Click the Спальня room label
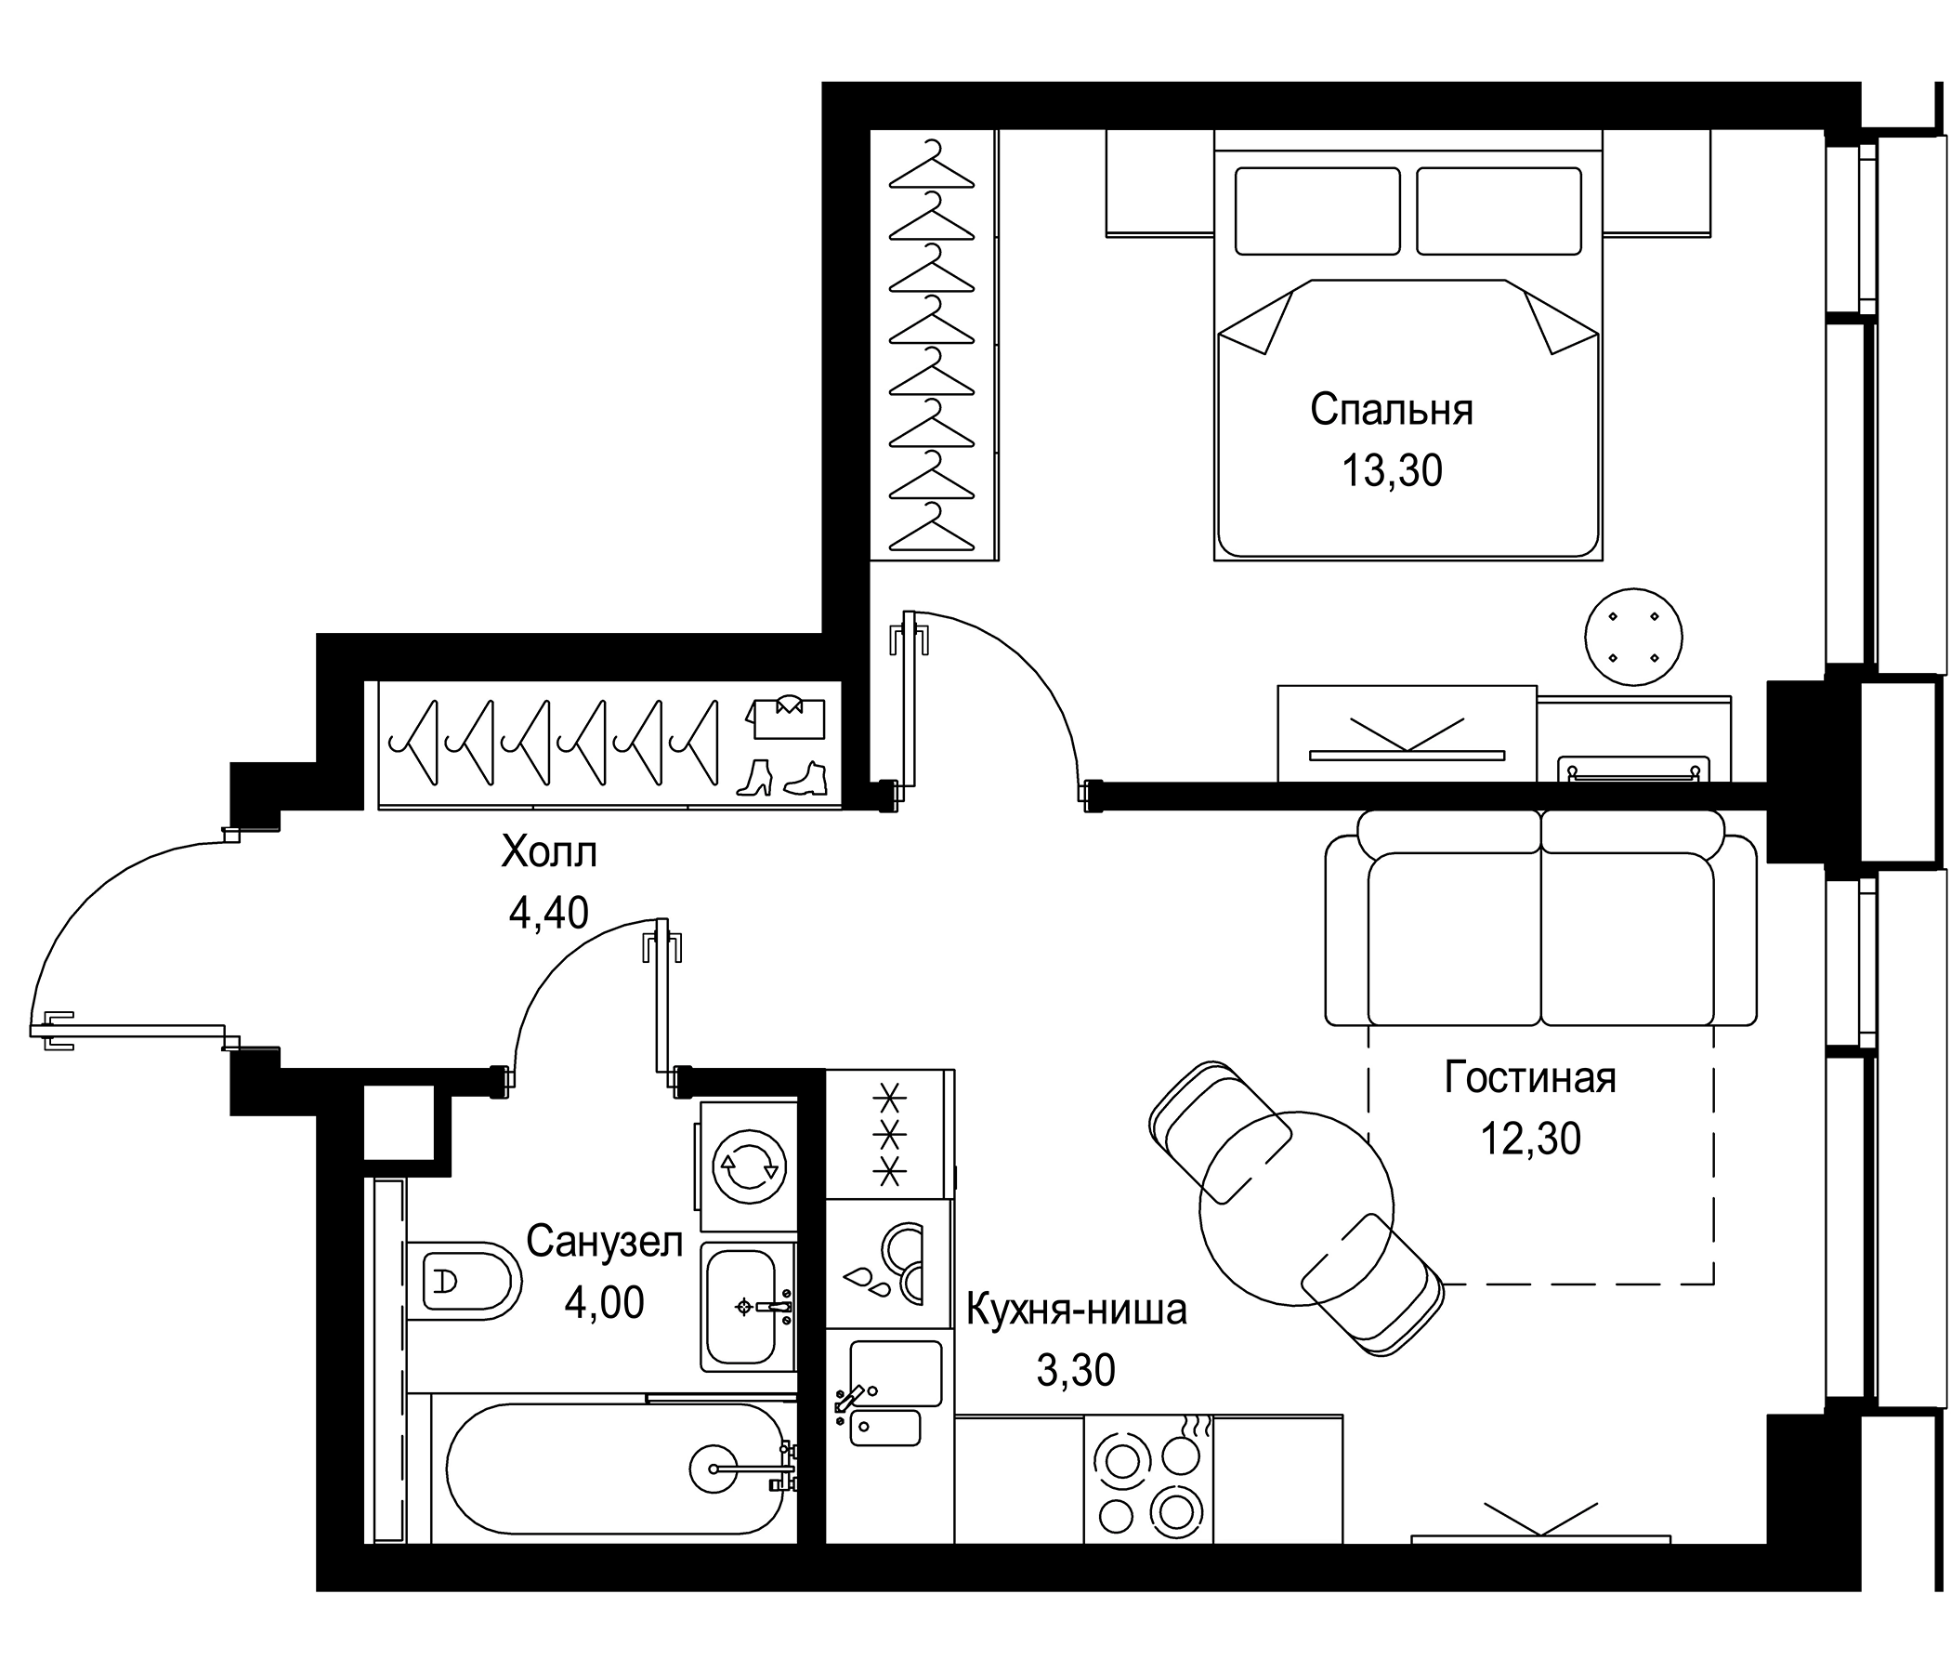[x=1391, y=411]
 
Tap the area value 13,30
[x=1391, y=470]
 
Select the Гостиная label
[x=1530, y=1077]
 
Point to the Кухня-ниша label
[x=1076, y=1311]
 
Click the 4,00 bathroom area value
[x=604, y=1303]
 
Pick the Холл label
[x=549, y=853]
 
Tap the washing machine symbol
[x=749, y=1166]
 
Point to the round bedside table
[x=1633, y=637]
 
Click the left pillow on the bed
[x=1316, y=211]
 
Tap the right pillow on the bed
[x=1498, y=211]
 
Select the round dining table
[x=1297, y=1207]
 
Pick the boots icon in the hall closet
[x=780, y=778]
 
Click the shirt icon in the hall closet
[x=786, y=718]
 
